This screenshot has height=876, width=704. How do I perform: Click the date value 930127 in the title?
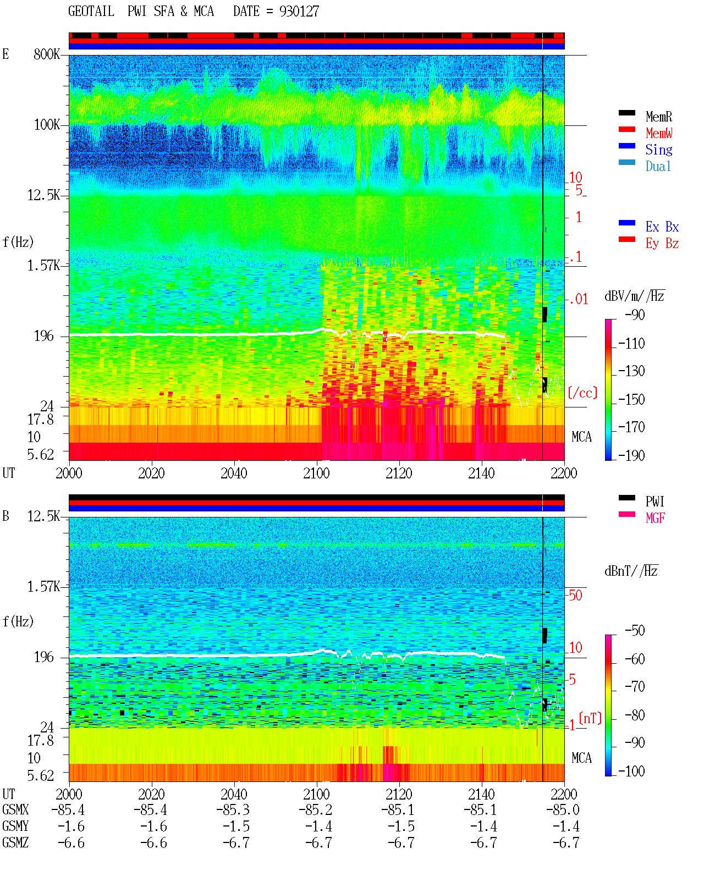pos(299,11)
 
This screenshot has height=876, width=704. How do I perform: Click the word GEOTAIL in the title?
pos(91,11)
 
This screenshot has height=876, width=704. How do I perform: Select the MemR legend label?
pos(659,117)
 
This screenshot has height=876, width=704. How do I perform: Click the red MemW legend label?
pos(659,133)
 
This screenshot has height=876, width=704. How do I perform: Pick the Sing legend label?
pos(659,150)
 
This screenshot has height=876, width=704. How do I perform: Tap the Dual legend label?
pos(658,166)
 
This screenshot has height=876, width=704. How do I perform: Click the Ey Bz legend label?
pos(662,244)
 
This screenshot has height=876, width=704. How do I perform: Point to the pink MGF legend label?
pos(655,518)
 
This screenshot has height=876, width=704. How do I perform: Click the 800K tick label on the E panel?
pos(47,54)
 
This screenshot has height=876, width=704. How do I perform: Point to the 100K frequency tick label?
pos(47,125)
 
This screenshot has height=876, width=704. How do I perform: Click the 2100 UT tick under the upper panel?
pos(316,473)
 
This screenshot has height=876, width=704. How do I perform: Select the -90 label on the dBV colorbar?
pos(635,315)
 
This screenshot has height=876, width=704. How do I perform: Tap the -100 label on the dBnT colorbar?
pos(631,772)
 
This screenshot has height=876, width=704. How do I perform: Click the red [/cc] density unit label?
pos(582,393)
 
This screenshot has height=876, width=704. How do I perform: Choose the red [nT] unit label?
pos(590,718)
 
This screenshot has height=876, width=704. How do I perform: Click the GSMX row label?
pos(15,810)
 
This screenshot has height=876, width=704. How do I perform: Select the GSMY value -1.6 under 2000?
pos(71,827)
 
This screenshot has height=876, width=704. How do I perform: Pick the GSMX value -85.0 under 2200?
pos(563,810)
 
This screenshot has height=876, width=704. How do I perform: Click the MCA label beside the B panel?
pos(581,758)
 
